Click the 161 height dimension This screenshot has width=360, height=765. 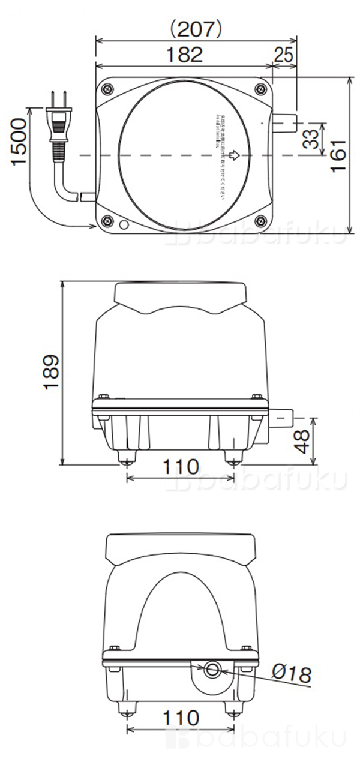coord(338,155)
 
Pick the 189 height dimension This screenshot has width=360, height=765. coord(51,372)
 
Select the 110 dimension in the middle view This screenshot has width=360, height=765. coord(181,466)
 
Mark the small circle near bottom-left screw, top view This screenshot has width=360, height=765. coord(124,226)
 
